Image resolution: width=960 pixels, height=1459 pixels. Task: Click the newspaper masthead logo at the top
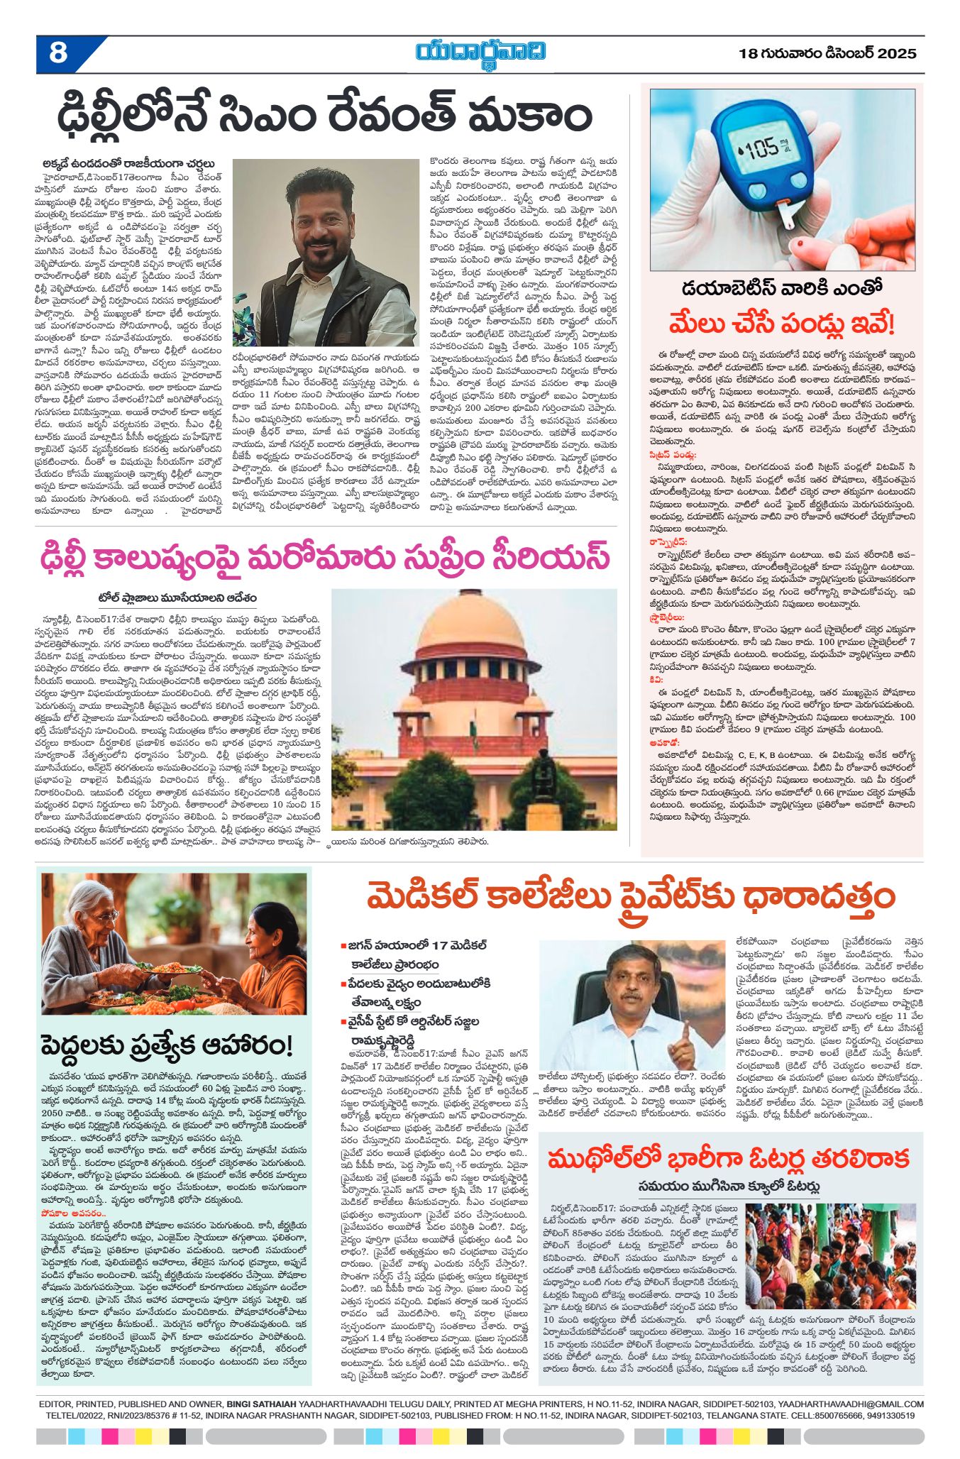click(x=480, y=54)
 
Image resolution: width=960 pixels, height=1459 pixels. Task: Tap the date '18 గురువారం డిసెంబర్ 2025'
click(x=827, y=54)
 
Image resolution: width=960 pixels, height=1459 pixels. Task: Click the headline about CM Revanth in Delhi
click(x=324, y=116)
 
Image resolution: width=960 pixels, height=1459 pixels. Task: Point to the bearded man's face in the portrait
click(x=324, y=226)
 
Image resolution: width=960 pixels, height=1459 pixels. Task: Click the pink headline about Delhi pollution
click(x=326, y=556)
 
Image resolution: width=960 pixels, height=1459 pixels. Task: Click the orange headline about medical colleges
click(x=630, y=896)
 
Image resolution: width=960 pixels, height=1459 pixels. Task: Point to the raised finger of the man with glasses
click(x=682, y=1033)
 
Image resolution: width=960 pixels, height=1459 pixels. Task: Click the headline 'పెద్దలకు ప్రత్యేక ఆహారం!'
click(x=167, y=1045)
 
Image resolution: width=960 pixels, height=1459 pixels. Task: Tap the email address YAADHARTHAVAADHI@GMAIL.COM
click(x=851, y=1404)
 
